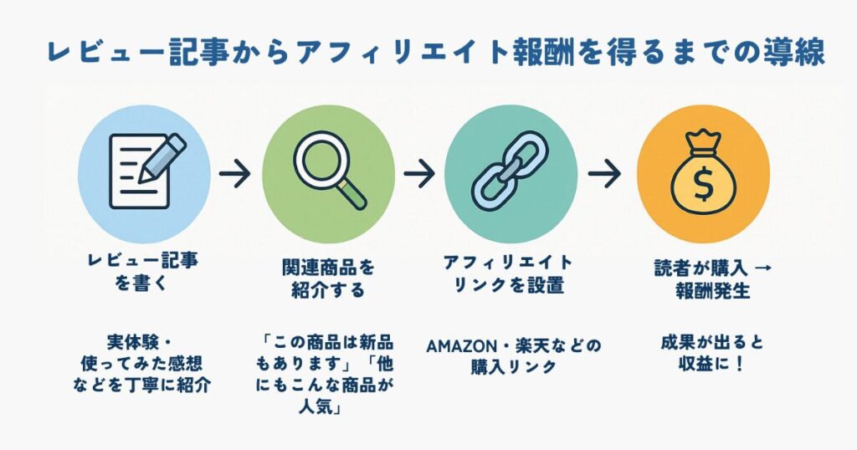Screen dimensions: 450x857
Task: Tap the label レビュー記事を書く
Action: pyautogui.click(x=143, y=272)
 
